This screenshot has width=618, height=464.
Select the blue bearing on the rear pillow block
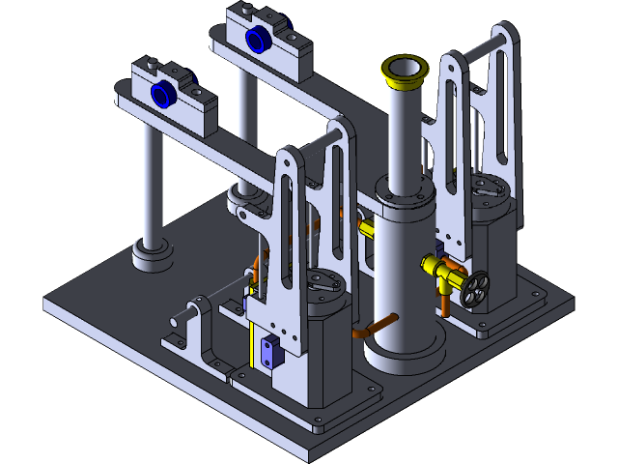[x=258, y=39]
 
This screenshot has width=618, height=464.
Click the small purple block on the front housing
[x=268, y=353]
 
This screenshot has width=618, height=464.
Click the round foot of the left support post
[x=152, y=255]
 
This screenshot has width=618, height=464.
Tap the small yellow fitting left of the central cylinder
[x=366, y=227]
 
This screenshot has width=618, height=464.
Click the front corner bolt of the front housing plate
[x=317, y=426]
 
